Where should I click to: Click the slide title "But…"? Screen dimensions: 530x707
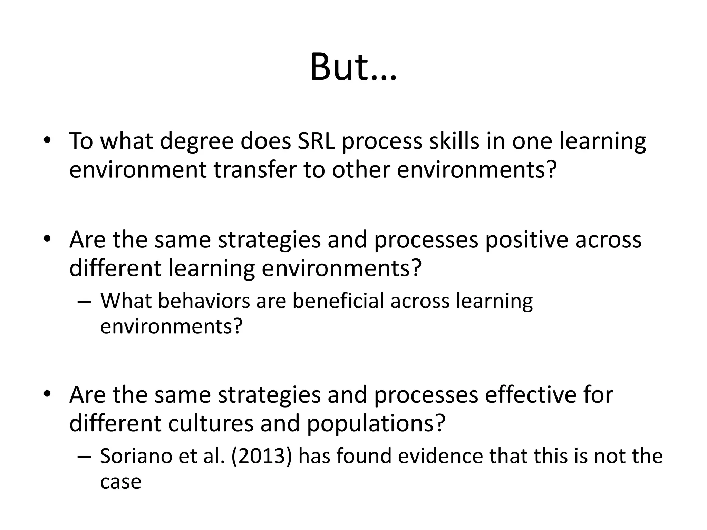(353, 67)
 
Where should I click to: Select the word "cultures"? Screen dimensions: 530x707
(211, 423)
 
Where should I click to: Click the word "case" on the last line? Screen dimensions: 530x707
(120, 482)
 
